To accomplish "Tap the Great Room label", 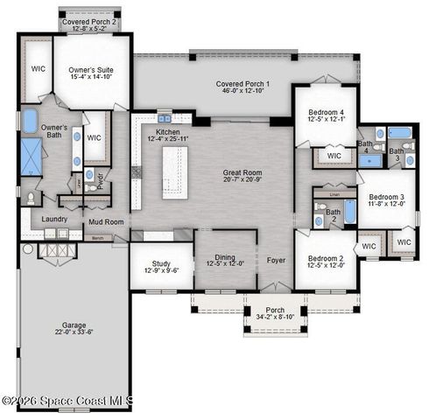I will (236, 173).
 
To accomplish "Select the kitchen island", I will (174, 171).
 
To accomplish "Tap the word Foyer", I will (276, 260).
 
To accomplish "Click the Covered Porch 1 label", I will (243, 84).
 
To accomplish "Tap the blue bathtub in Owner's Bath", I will (31, 121).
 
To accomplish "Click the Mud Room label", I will (105, 222).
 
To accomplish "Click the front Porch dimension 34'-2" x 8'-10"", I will (275, 316).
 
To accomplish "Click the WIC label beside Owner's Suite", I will (39, 68).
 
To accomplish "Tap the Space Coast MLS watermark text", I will (67, 402).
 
